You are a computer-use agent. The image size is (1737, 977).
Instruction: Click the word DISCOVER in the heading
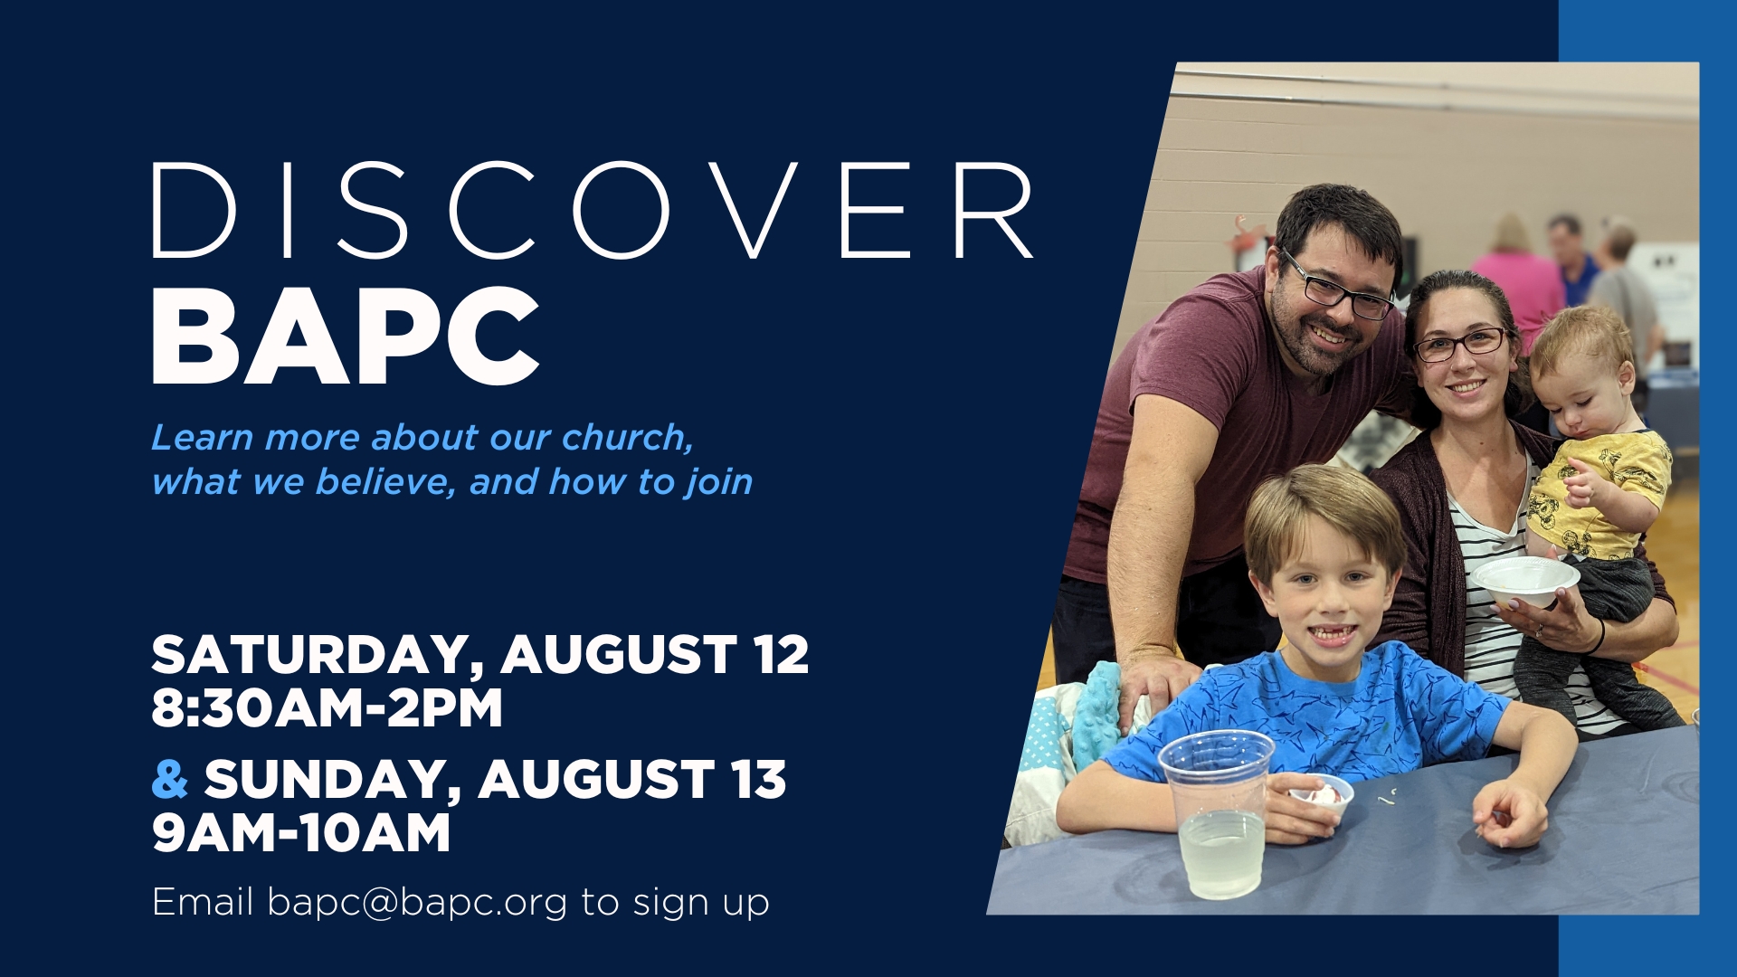coord(593,211)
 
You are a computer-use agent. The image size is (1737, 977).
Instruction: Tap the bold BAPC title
coord(346,337)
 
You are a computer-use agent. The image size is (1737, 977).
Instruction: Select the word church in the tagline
coord(626,438)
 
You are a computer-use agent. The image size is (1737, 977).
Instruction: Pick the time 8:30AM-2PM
coord(327,707)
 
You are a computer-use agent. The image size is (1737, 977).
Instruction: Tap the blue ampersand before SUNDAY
coord(169,779)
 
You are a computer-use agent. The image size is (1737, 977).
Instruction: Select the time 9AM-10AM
coord(301,833)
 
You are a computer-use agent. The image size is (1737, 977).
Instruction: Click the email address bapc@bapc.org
coord(418,903)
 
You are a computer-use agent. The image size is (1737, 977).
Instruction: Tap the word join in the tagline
coord(719,482)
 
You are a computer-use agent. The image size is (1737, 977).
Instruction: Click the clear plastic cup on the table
coord(1218,814)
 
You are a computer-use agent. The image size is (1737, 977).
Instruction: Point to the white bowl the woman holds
coord(1524,580)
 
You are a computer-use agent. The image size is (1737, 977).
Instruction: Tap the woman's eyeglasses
coord(1460,345)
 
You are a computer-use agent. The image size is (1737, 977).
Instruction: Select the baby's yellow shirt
coord(1601,493)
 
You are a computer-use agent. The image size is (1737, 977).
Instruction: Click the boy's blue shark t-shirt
coord(1312,715)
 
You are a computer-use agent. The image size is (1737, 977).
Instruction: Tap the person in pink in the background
coord(1520,280)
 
